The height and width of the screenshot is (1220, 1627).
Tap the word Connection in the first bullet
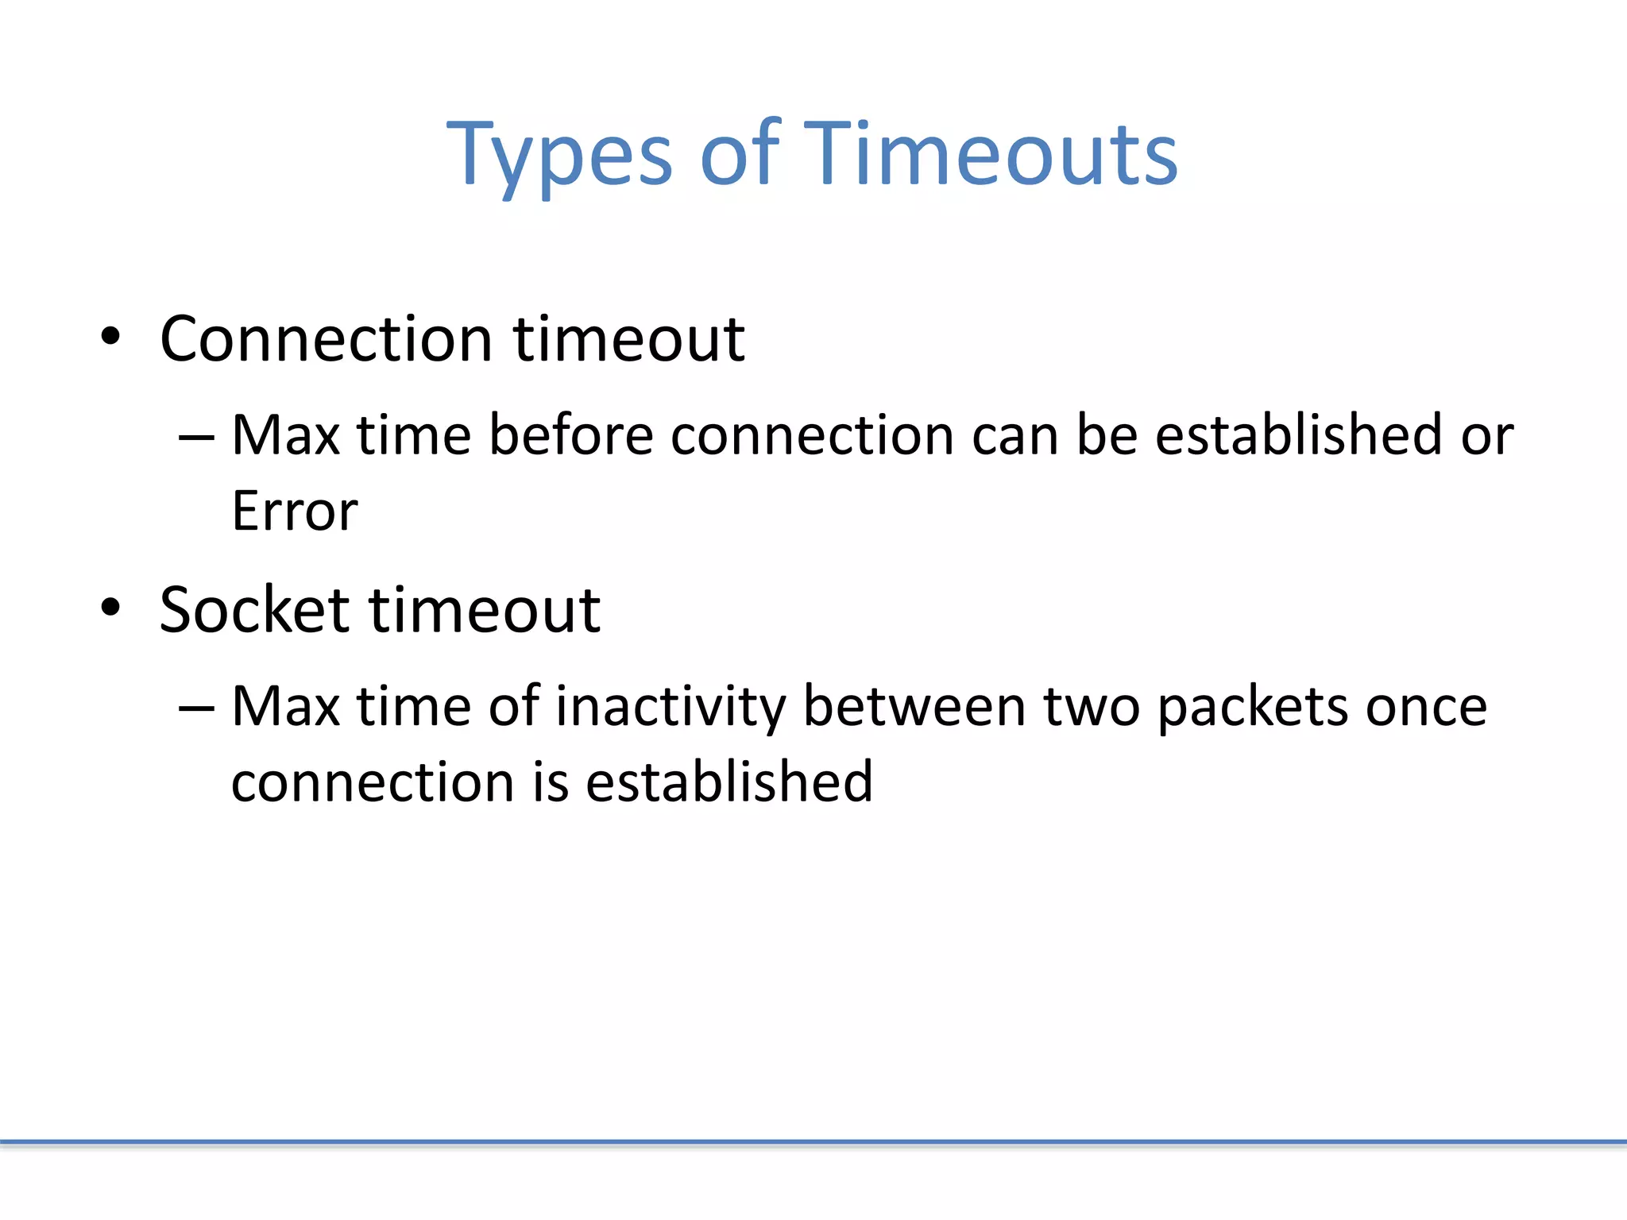pos(326,339)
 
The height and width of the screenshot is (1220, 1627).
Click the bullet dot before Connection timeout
pos(110,337)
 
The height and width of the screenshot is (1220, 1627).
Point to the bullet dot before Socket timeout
pos(110,608)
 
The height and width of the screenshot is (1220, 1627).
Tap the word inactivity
pos(671,706)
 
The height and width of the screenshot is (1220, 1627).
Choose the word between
pos(914,706)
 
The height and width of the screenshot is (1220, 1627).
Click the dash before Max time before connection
pos(196,437)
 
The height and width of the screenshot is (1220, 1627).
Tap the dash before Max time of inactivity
pos(196,708)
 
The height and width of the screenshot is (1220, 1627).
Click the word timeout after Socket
pos(485,610)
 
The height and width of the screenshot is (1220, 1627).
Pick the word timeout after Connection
pos(628,339)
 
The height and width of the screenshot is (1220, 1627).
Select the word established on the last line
pos(728,782)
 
